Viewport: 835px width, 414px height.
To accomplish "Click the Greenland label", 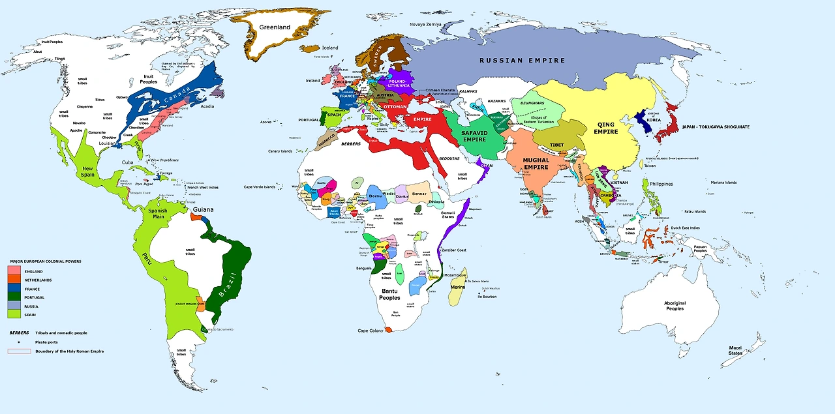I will coord(275,27).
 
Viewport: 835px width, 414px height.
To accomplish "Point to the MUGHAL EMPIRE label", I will coord(536,163).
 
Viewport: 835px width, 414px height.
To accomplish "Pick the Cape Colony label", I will coord(371,331).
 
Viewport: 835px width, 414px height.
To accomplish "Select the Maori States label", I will coord(735,351).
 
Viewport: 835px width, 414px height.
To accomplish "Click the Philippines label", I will coord(661,184).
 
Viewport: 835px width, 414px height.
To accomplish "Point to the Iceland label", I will coord(330,48).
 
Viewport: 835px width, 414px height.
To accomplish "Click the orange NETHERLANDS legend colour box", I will coord(14,280).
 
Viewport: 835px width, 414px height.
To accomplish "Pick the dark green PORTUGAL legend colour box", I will coord(14,297).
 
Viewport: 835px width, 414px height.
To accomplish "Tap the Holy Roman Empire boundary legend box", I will coord(19,351).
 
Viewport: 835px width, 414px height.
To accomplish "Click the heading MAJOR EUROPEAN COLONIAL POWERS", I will coord(46,261).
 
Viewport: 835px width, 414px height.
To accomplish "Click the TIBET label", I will coord(556,144).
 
